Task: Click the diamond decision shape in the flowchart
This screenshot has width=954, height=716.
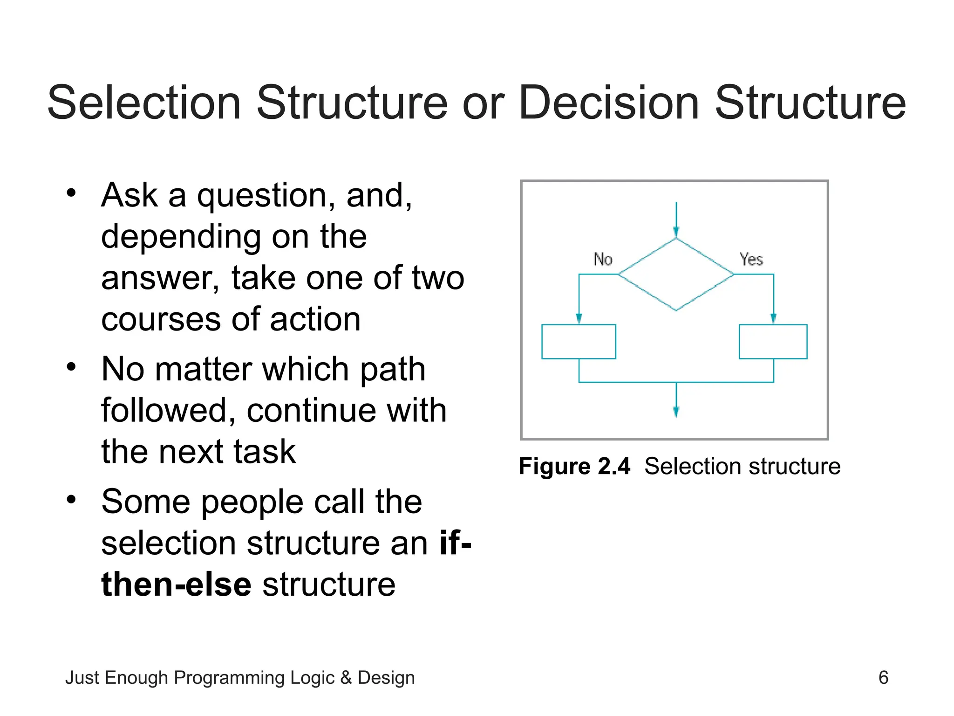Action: click(676, 275)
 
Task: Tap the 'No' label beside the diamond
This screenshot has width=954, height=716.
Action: click(603, 259)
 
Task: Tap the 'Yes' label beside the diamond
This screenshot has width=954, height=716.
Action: click(751, 259)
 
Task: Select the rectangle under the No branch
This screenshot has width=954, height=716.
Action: click(579, 342)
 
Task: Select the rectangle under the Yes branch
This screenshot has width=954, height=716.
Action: click(773, 342)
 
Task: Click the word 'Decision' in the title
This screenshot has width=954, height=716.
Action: click(608, 103)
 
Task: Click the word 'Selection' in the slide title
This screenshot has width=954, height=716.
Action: click(144, 103)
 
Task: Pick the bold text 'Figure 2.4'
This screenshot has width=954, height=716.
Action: click(574, 466)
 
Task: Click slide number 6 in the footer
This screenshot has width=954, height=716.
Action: click(883, 677)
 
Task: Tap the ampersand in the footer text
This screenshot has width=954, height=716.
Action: click(346, 678)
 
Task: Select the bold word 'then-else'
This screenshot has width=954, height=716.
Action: click(177, 585)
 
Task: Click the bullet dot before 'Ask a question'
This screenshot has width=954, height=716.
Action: click(71, 193)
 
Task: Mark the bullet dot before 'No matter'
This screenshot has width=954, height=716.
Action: click(71, 367)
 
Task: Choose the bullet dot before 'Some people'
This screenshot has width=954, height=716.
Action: click(71, 500)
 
